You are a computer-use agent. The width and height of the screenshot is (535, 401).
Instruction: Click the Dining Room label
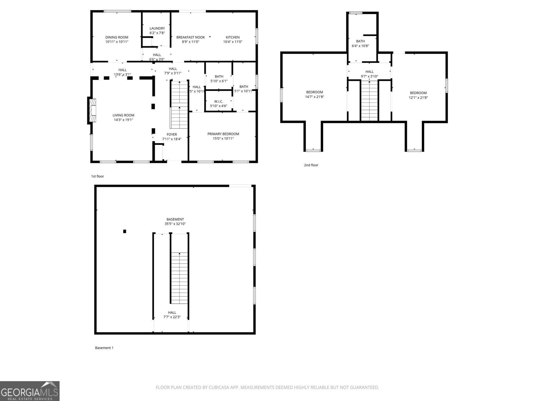[x=117, y=37]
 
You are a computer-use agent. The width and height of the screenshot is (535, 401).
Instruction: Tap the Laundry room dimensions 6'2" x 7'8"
[x=157, y=33]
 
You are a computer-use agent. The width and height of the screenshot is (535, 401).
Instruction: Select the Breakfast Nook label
[x=191, y=37]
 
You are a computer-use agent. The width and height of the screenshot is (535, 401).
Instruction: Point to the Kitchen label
[x=233, y=37]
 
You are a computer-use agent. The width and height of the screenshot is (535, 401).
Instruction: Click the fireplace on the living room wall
[x=92, y=110]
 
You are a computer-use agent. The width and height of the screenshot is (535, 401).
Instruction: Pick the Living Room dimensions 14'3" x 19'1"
[x=123, y=120]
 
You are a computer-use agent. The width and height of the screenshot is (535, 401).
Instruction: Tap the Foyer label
[x=172, y=134]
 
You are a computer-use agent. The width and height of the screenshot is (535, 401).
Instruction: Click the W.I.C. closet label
[x=219, y=101]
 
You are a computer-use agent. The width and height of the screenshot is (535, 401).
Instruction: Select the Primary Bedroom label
[x=223, y=134]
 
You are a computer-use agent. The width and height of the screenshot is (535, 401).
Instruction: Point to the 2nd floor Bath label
[x=360, y=41]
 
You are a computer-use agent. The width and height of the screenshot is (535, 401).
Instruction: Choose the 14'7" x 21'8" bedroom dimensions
[x=315, y=97]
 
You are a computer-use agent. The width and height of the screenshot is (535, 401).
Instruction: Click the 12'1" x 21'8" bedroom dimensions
[x=418, y=98]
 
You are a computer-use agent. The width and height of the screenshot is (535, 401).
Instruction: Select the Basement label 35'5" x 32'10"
[x=175, y=224]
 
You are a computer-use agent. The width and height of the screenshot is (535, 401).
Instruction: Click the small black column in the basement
[x=125, y=231]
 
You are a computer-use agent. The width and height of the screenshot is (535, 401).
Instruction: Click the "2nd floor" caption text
[x=311, y=165]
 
